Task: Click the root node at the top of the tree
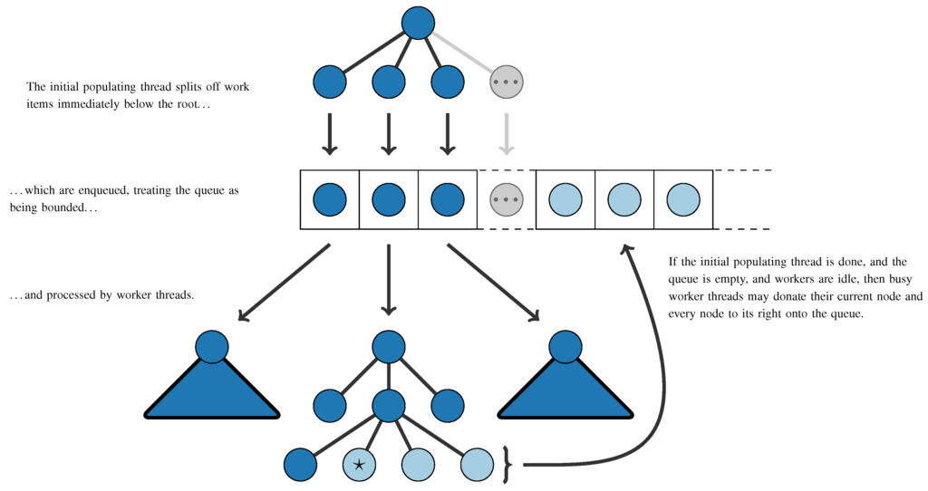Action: [x=418, y=23]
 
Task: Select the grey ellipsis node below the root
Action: [x=507, y=82]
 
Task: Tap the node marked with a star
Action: [x=359, y=465]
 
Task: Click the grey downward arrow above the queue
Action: [x=507, y=133]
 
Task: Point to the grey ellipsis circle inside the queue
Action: [x=507, y=199]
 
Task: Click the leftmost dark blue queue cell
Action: [x=330, y=199]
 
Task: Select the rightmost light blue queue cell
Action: [x=682, y=199]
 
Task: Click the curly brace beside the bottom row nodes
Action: [x=507, y=465]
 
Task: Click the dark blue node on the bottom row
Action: [x=300, y=465]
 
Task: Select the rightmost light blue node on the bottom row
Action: [x=477, y=465]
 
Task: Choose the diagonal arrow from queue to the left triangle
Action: [x=284, y=282]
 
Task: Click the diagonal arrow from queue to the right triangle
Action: [x=494, y=282]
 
